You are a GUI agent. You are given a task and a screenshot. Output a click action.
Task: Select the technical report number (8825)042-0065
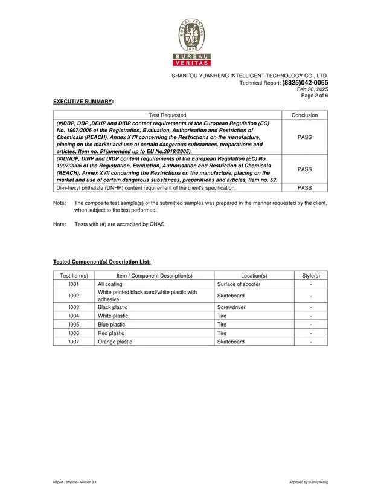click(x=305, y=83)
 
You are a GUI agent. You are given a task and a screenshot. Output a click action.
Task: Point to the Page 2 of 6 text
click(x=315, y=96)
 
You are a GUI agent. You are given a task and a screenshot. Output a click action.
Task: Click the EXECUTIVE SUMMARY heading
click(x=83, y=102)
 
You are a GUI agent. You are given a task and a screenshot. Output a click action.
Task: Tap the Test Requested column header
click(x=167, y=115)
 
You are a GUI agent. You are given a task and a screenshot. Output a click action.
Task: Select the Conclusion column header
click(x=305, y=115)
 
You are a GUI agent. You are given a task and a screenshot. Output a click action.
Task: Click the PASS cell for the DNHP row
click(x=305, y=188)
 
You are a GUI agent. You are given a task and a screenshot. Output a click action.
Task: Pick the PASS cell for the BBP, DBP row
click(x=305, y=137)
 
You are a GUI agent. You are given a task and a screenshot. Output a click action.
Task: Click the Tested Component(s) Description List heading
click(x=101, y=262)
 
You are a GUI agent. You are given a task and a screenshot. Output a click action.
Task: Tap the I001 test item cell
click(x=74, y=284)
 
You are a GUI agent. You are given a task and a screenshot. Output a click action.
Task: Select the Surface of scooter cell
click(x=239, y=284)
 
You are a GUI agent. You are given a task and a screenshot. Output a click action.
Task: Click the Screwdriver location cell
click(x=231, y=307)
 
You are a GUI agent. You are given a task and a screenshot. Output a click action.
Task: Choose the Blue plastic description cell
click(x=111, y=324)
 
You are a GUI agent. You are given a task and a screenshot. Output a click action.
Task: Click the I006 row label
click(x=74, y=333)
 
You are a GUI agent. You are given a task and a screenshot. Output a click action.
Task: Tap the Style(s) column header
click(x=310, y=275)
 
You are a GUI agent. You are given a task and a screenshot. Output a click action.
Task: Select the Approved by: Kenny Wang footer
click(x=309, y=482)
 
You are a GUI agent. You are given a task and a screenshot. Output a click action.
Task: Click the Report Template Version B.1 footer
click(x=75, y=482)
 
